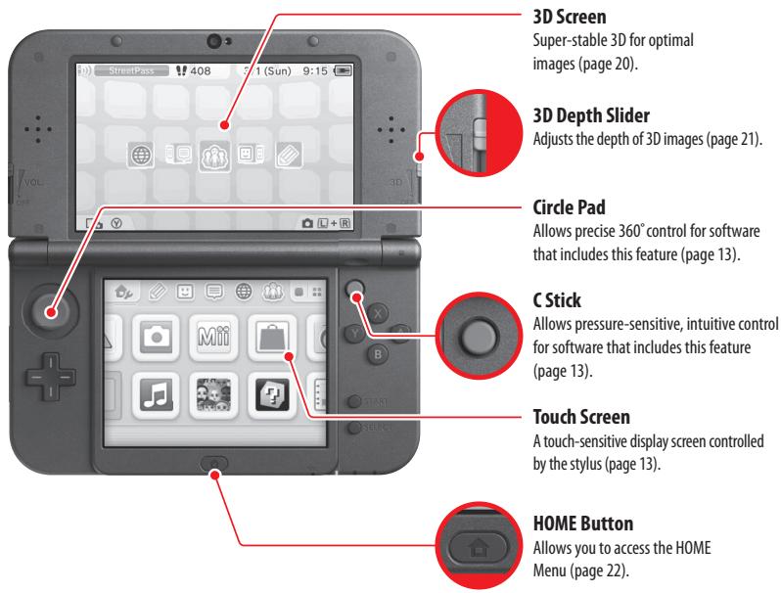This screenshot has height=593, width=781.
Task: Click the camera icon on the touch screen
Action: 157,335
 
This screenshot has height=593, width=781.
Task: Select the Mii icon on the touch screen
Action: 212,335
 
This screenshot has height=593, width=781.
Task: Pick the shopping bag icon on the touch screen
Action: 267,335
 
